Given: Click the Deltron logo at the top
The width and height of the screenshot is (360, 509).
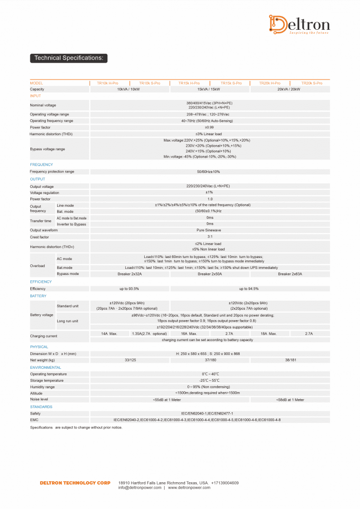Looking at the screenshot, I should point(300,25).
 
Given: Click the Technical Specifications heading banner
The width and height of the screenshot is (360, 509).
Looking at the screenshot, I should point(69,58).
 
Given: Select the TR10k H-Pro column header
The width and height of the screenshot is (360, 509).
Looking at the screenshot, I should point(107,83).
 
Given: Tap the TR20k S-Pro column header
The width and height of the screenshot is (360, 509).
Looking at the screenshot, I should point(312,83).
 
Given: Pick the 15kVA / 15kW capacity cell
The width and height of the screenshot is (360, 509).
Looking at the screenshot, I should point(209,89).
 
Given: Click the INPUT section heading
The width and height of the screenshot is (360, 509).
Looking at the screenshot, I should point(36,96).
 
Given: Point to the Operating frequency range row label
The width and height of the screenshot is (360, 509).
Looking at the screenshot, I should point(52,121).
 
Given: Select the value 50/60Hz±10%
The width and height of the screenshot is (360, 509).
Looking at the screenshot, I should point(209,172).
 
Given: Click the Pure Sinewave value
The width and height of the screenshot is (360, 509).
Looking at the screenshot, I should point(209,230).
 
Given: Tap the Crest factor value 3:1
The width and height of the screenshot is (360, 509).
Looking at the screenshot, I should point(209,237).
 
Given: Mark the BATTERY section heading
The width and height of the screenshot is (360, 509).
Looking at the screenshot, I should point(38,296).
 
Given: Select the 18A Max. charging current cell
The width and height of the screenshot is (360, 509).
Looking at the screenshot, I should point(269,334).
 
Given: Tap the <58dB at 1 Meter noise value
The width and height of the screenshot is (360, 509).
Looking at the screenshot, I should point(290,400).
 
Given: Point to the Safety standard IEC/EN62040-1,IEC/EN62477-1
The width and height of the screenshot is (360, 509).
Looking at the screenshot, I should point(209,414).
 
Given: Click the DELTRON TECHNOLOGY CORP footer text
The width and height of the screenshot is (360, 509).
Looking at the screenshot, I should point(75,483).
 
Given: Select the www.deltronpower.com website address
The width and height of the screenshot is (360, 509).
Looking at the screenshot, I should point(189,488).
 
